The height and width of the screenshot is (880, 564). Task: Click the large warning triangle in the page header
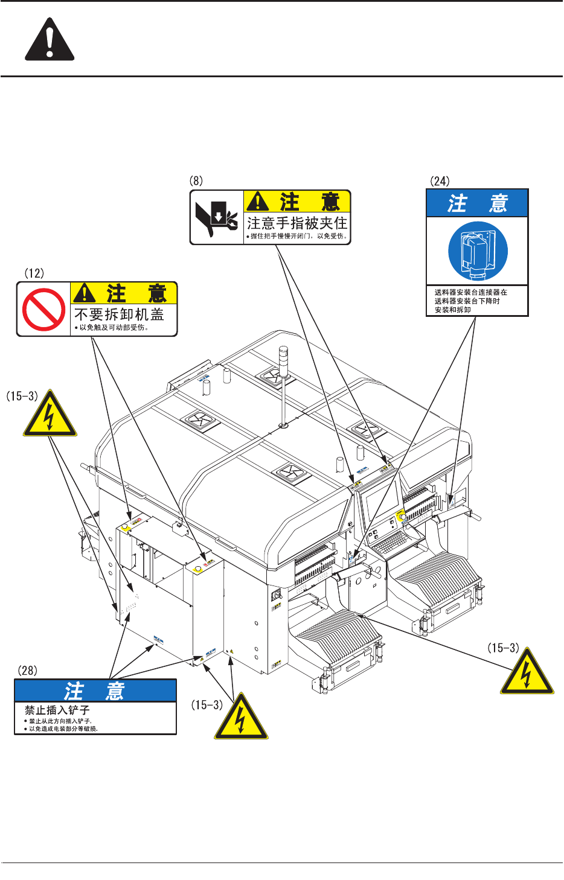[x=50, y=40]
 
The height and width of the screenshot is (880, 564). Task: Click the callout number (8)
[x=196, y=181]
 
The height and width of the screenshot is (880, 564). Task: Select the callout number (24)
[x=440, y=181]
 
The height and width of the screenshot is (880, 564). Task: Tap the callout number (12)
[x=34, y=273]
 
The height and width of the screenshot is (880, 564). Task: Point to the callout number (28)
[x=27, y=671]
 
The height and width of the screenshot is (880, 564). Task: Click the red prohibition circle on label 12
[x=43, y=310]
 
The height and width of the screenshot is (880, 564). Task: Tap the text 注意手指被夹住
[x=297, y=223]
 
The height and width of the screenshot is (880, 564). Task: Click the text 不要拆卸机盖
[x=119, y=314]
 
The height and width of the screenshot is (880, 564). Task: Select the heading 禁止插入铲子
[x=57, y=710]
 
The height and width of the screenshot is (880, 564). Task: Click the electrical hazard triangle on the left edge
[x=50, y=415]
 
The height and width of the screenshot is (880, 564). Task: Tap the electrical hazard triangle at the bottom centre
[x=241, y=718]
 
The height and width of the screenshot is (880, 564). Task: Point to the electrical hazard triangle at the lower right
[x=527, y=673]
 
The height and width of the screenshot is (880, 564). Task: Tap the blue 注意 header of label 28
[x=95, y=690]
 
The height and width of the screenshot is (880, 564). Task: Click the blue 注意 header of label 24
[x=477, y=203]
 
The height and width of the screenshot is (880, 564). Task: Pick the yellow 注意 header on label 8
[x=296, y=201]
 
